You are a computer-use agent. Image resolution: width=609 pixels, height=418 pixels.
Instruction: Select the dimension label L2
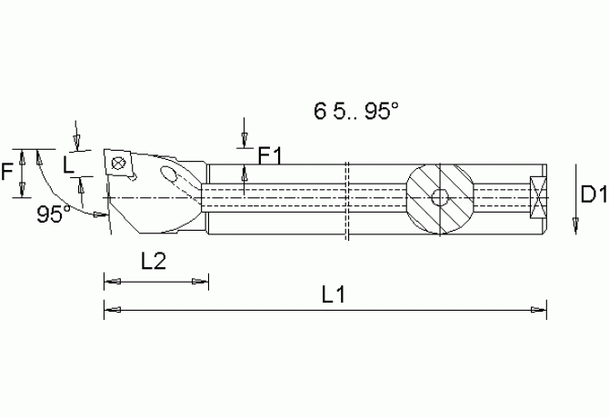click(154, 262)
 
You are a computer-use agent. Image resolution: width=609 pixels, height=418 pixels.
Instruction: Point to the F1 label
click(270, 156)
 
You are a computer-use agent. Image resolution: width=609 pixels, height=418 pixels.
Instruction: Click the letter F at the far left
click(7, 170)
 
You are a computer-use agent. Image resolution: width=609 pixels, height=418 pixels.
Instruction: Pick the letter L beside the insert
click(68, 164)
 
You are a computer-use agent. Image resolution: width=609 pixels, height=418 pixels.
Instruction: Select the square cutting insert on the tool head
click(118, 162)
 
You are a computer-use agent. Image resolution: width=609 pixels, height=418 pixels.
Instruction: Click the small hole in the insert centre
click(118, 163)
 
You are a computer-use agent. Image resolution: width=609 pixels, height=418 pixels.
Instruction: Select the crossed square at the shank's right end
click(537, 197)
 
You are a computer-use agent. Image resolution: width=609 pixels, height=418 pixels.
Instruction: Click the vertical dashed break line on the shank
click(348, 200)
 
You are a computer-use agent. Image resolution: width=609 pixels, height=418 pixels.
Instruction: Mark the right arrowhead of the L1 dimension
click(541, 310)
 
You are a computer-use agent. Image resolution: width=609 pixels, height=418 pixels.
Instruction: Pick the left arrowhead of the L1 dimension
click(109, 310)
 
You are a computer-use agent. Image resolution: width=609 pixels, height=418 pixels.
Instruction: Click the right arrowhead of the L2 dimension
click(205, 282)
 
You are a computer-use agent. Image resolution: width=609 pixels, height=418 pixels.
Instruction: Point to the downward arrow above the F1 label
click(245, 140)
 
